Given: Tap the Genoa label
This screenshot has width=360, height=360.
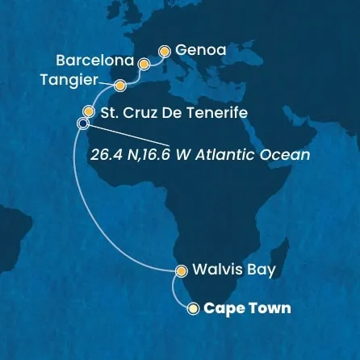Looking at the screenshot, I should pyautogui.click(x=198, y=51).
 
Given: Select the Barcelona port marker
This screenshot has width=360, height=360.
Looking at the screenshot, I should pyautogui.click(x=144, y=63).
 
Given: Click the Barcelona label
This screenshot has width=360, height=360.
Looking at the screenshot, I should pyautogui.click(x=96, y=61).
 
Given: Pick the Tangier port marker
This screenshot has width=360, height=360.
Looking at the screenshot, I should pyautogui.click(x=120, y=84).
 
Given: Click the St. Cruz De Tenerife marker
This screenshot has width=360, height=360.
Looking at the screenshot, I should pyautogui.click(x=89, y=111).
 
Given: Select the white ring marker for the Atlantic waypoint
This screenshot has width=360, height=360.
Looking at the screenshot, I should pyautogui.click(x=82, y=123).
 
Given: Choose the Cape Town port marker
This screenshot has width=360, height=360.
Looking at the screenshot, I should pyautogui.click(x=192, y=308).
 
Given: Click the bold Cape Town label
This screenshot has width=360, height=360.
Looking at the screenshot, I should pyautogui.click(x=246, y=308).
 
